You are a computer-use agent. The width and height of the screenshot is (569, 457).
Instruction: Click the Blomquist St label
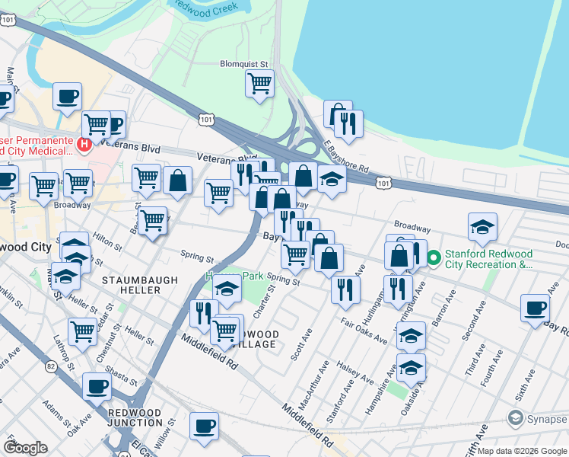244,64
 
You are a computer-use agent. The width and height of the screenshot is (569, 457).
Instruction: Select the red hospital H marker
84,143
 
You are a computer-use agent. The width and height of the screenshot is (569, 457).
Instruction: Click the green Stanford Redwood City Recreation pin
434,258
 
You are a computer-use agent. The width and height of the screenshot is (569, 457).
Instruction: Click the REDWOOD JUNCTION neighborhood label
135,418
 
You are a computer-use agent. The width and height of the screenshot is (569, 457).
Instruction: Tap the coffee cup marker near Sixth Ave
535,308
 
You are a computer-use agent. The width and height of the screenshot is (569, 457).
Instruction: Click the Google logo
26,448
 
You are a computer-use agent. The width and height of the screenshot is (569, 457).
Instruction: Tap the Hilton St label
107,242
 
